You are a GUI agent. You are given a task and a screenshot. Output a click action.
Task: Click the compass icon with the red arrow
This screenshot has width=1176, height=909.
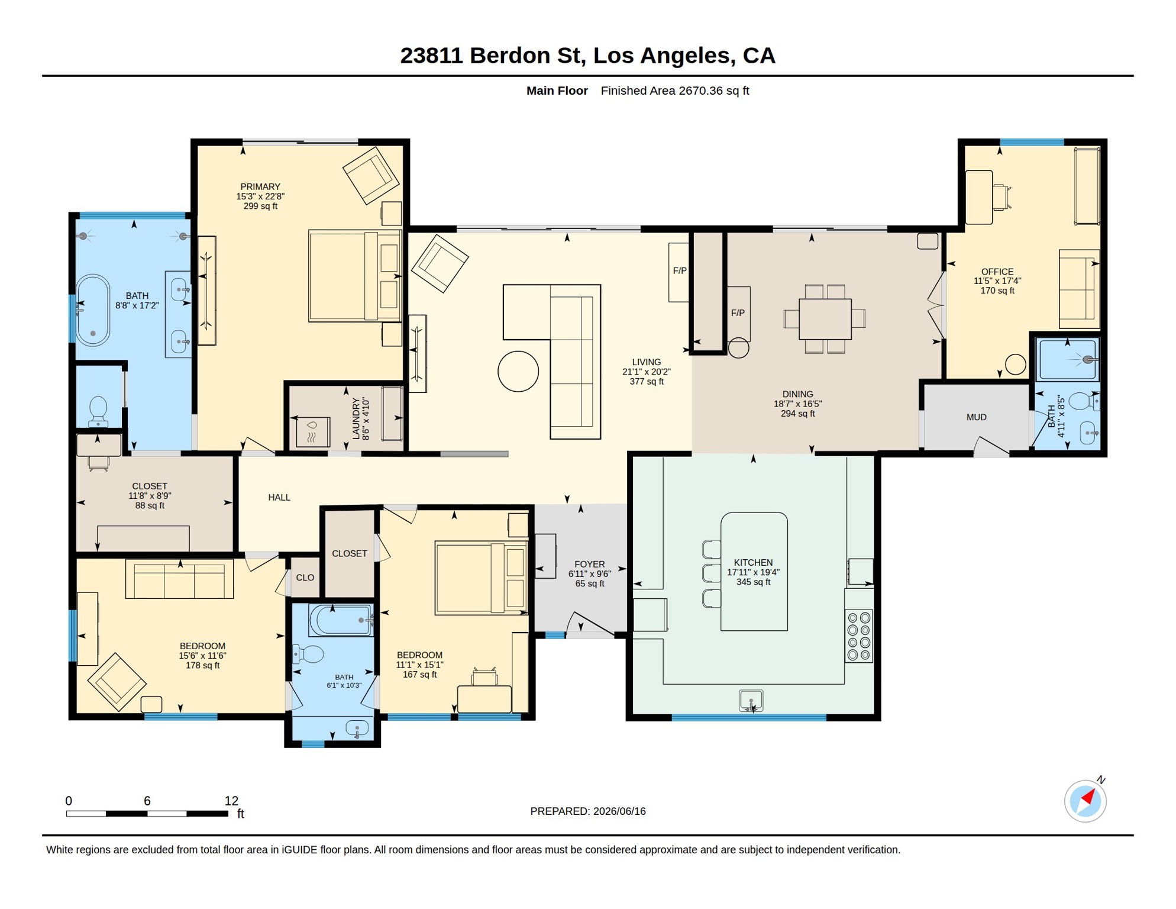pos(1085,801)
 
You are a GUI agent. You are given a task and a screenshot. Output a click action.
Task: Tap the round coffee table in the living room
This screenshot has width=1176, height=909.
pos(518,371)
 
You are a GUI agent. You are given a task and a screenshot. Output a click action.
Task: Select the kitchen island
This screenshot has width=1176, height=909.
pos(754,572)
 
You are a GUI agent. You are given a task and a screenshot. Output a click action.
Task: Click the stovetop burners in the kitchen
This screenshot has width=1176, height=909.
pos(859,636)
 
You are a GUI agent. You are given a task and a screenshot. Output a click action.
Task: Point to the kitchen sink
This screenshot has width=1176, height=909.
pos(751,701)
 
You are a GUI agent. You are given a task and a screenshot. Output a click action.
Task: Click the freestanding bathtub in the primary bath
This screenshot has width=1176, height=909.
pos(93,310)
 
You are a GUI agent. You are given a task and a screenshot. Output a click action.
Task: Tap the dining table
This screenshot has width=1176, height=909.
pos(825,319)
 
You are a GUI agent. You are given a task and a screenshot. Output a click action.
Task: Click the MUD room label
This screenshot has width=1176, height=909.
pos(976,417)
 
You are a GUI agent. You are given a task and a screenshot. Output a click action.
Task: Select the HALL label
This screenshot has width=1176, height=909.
pos(279,498)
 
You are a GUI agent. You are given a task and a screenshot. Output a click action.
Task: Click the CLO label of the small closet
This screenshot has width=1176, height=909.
pos(305,578)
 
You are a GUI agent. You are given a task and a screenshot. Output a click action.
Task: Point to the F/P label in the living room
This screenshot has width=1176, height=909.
pos(680,270)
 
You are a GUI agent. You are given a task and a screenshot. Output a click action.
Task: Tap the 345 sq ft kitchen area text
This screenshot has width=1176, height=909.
pos(753,582)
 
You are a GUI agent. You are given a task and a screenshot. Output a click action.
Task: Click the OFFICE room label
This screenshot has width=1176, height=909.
pos(997,272)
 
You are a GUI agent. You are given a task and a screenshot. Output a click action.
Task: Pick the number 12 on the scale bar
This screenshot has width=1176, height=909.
pos(231,801)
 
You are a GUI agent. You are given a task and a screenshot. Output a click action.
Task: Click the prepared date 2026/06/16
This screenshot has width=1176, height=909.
pos(619,811)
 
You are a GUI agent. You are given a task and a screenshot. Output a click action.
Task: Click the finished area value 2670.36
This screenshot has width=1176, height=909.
pos(700,91)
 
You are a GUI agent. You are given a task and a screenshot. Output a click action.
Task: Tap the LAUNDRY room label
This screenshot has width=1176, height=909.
pos(356,418)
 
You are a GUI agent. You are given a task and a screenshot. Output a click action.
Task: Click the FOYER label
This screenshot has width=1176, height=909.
pos(590,565)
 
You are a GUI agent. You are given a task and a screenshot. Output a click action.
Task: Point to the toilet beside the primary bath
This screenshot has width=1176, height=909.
pos(98,411)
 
